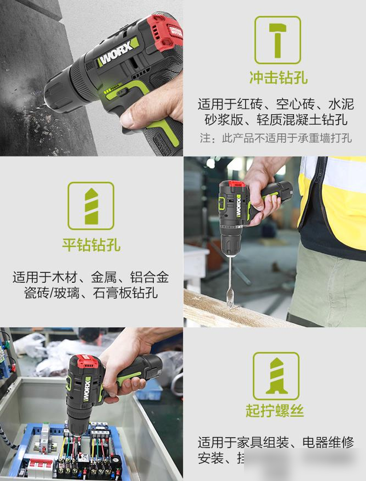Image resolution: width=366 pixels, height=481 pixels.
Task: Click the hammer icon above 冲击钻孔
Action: click(277, 39)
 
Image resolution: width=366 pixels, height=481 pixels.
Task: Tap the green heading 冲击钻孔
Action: click(277, 78)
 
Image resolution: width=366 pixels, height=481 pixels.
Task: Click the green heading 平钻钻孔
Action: click(91, 244)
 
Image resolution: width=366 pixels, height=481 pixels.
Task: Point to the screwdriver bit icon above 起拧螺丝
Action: click(276, 375)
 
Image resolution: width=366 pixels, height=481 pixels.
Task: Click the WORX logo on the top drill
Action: click(118, 53)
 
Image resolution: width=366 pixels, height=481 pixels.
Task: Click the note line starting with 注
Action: click(276, 138)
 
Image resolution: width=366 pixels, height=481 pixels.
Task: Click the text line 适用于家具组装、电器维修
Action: click(276, 442)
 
